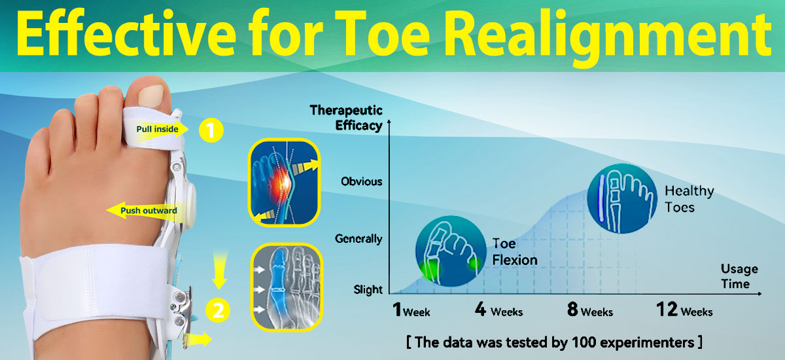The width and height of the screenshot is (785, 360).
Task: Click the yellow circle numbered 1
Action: click(x=211, y=130)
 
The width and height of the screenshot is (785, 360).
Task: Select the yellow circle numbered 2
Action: click(x=218, y=310)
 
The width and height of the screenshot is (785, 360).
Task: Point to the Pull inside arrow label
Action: click(x=157, y=129)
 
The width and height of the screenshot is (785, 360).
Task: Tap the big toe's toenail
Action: click(x=150, y=96)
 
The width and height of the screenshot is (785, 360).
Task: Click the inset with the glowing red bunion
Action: click(x=284, y=182)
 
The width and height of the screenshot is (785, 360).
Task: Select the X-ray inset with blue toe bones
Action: click(x=287, y=287)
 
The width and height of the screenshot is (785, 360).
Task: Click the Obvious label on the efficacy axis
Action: click(x=361, y=181)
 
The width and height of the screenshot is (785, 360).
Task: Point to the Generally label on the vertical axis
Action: click(x=358, y=239)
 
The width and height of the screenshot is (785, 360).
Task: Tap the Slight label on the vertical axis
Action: click(x=368, y=289)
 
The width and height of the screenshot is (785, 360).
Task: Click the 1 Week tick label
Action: click(x=411, y=310)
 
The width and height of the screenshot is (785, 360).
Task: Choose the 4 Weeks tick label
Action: click(x=498, y=310)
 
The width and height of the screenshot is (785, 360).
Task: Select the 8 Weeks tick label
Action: click(x=590, y=310)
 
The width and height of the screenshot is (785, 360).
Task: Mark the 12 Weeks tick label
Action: click(x=684, y=310)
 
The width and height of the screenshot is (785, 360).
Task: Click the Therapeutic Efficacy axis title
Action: click(x=346, y=118)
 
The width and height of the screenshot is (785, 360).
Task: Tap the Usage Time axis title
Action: click(x=739, y=276)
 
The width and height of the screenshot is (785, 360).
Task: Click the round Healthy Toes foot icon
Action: click(x=622, y=198)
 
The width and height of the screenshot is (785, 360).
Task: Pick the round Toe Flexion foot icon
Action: click(x=451, y=251)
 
